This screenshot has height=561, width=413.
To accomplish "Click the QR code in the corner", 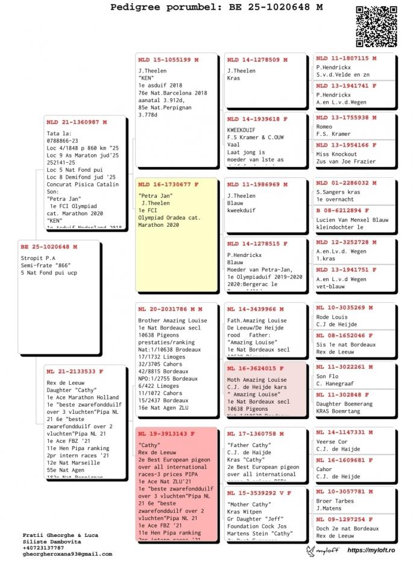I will tap(376, 26).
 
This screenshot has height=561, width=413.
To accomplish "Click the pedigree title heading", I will tap(216, 7).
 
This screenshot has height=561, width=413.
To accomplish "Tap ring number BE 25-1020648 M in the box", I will tap(49, 247).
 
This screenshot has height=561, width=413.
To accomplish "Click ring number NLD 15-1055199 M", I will tap(168, 60).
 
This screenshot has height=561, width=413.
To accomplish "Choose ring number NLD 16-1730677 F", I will tap(168, 185).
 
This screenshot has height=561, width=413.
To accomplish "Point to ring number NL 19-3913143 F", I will tap(166, 434).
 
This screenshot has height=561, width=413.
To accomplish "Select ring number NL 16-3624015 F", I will tap(255, 368).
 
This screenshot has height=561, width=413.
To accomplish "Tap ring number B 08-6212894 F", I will tap(346, 211).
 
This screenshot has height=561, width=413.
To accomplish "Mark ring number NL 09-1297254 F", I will tap(346, 519).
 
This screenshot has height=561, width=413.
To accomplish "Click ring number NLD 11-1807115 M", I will tap(346, 59).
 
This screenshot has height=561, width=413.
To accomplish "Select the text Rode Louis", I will tap(332, 317).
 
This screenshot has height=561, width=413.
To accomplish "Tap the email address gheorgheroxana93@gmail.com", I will tap(68, 554).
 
